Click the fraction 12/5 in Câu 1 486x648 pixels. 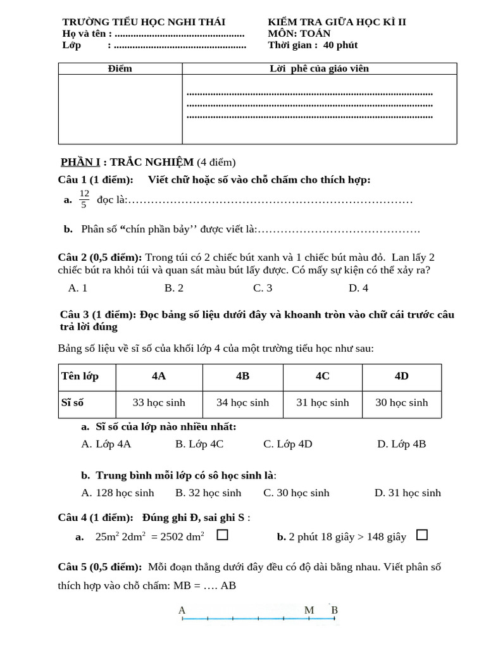pos(84,199)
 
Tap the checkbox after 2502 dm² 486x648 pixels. pos(222,535)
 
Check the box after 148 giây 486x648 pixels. pos(422,535)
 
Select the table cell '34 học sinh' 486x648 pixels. pos(242,402)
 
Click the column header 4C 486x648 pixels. pos(323,376)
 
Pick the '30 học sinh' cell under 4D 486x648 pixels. pos(402,402)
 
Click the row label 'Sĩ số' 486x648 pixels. pos(73,402)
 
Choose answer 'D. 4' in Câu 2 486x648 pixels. pos(358,288)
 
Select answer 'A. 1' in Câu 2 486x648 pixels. pos(77,288)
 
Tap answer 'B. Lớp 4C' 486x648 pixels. pos(199,444)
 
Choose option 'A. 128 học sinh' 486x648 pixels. pos(118,493)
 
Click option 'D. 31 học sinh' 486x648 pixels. pos(408,493)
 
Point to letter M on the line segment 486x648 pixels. pos(309,611)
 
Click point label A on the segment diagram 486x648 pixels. pos(182,611)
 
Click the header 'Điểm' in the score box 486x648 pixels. pos(120,68)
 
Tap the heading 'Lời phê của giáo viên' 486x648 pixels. pos(319,68)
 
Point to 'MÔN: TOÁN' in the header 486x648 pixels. pos(299,34)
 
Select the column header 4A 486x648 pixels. pos(159,376)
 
